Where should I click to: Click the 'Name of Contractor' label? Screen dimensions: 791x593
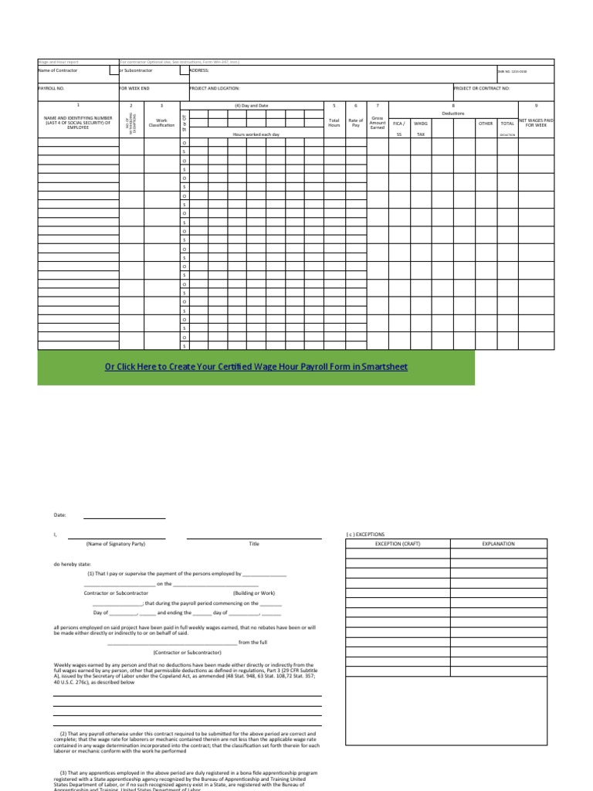pyautogui.click(x=58, y=70)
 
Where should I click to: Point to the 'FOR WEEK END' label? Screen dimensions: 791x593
pyautogui.click(x=134, y=89)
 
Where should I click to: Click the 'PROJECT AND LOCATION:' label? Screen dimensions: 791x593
pyautogui.click(x=215, y=89)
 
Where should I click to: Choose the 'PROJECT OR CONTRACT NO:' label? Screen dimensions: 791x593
pyautogui.click(x=482, y=89)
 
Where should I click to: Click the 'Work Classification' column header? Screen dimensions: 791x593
pyautogui.click(x=162, y=123)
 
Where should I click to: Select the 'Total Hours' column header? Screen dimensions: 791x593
pyautogui.click(x=334, y=123)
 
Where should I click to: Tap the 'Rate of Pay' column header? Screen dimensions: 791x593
pyautogui.click(x=355, y=123)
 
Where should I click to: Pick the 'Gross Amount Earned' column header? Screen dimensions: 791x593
pyautogui.click(x=378, y=123)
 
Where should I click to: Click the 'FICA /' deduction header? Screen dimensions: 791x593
pyautogui.click(x=398, y=123)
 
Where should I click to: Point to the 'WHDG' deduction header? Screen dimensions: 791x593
pyautogui.click(x=421, y=123)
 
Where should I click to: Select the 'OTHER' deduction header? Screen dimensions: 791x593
pyautogui.click(x=486, y=123)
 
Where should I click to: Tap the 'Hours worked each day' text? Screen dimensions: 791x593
pyautogui.click(x=257, y=134)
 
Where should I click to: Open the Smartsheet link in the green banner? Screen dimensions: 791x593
pyautogui.click(x=256, y=367)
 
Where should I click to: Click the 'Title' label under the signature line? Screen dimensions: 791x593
pyautogui.click(x=254, y=544)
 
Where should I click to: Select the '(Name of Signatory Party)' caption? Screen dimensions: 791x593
pyautogui.click(x=116, y=544)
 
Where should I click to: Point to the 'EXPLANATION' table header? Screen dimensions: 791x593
pyautogui.click(x=498, y=544)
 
